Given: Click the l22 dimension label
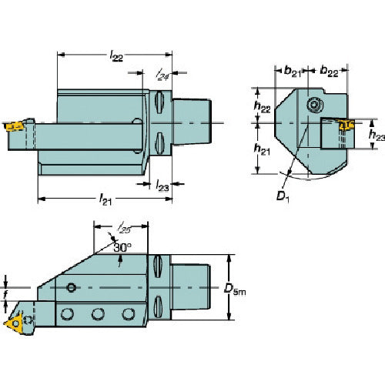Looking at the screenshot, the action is click(x=116, y=55).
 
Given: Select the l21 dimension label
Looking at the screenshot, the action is click(x=105, y=199).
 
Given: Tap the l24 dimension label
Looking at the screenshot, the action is click(x=162, y=74).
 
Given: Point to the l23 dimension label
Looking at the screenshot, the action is click(x=162, y=186).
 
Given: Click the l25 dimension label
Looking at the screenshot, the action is click(x=124, y=228).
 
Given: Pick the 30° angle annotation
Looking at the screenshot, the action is click(x=122, y=247).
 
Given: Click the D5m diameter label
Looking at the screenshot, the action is click(x=235, y=289).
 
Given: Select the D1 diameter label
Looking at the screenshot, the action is click(x=283, y=197).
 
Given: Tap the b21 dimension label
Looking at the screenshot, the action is click(x=293, y=71).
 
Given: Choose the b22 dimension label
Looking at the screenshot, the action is click(x=329, y=71).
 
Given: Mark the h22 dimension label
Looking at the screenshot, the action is click(x=262, y=106).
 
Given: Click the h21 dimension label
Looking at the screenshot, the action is click(x=262, y=149).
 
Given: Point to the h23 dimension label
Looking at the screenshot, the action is click(x=377, y=135).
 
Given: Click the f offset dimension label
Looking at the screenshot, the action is click(x=5, y=295).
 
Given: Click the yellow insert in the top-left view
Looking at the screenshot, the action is click(x=14, y=126).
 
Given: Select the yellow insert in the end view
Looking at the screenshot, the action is click(x=346, y=125).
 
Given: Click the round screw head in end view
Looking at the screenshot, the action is click(x=315, y=105).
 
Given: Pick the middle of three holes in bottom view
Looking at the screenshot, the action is click(x=98, y=314).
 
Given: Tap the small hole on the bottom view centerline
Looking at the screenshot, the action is click(x=71, y=288).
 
